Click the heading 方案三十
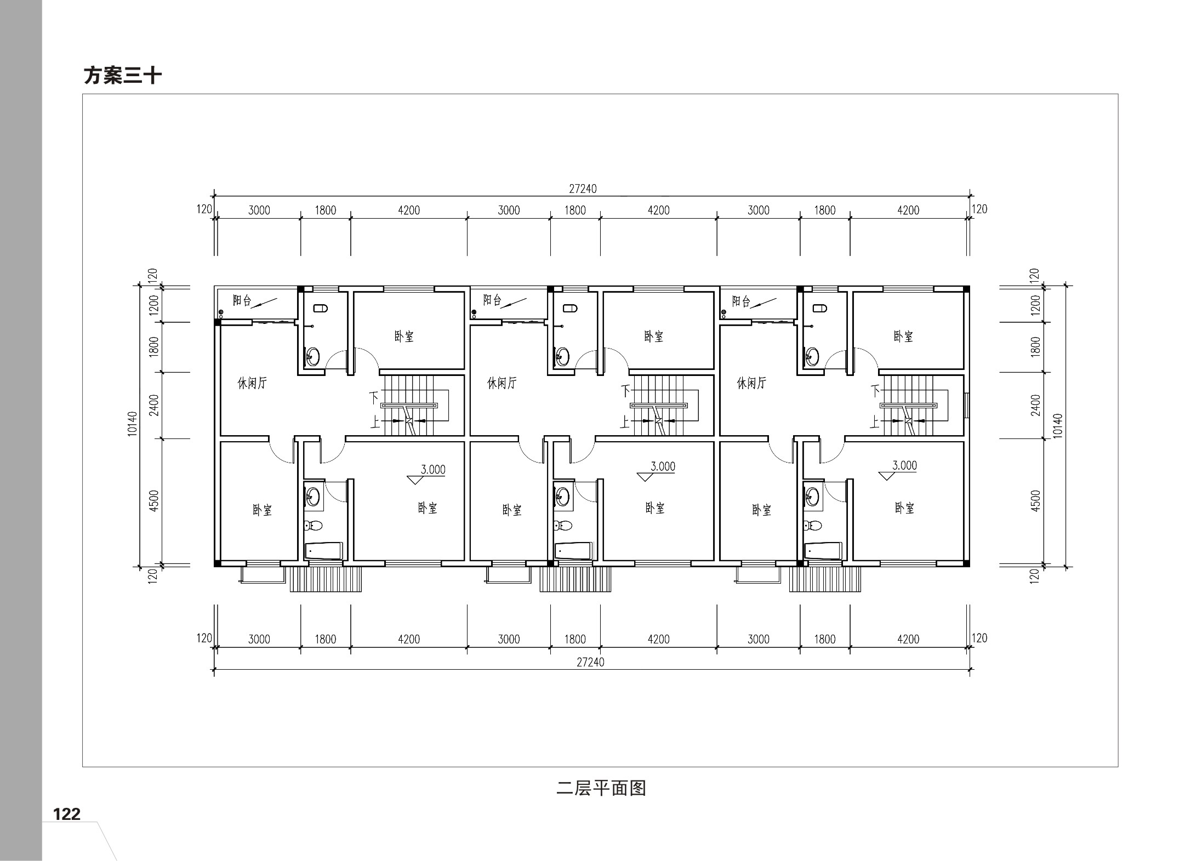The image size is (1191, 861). [122, 76]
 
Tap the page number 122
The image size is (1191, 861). [66, 813]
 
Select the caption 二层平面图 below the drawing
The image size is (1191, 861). [601, 788]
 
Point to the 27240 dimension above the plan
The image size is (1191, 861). [583, 189]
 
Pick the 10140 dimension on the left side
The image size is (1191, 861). [133, 424]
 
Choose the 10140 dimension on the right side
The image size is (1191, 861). [1058, 425]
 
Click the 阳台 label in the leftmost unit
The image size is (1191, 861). [242, 300]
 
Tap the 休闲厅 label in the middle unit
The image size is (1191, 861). [502, 383]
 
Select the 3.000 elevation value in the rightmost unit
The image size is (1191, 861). [904, 465]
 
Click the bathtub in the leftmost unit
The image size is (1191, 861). [323, 551]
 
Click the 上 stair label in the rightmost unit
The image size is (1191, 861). [874, 421]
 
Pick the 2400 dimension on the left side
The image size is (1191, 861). [154, 405]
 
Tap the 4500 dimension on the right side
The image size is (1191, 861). [1035, 501]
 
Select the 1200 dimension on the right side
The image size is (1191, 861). [1035, 305]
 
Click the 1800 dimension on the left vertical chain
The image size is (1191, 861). [154, 346]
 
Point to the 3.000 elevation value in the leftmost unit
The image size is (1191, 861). [433, 469]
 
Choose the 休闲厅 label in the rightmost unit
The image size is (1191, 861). [751, 383]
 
